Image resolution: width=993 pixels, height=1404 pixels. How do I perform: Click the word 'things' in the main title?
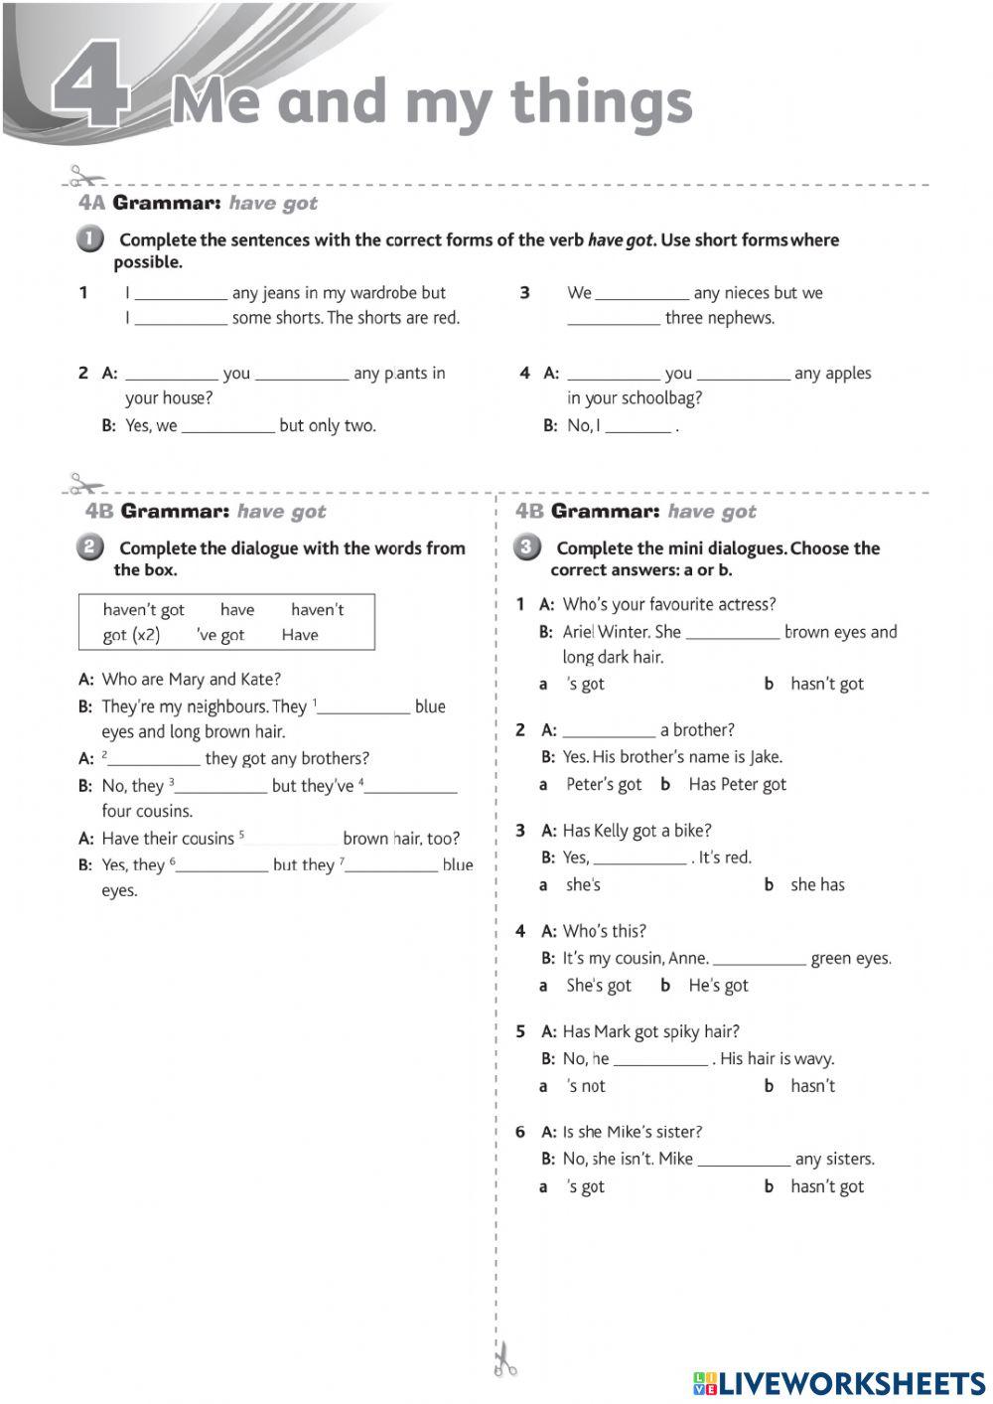(x=601, y=102)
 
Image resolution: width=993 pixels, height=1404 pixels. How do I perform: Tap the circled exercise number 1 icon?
(x=88, y=239)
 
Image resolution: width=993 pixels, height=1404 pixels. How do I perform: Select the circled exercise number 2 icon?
(x=88, y=547)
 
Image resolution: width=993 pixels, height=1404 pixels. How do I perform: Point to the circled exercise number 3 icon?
(x=526, y=547)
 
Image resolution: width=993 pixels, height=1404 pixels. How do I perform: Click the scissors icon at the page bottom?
(x=504, y=1358)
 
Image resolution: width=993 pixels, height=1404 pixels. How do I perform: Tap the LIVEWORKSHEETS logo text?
(x=850, y=1383)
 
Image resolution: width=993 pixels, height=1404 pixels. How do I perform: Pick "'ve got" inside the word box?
(x=220, y=635)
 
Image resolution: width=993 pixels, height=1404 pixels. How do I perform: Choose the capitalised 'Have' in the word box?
(x=299, y=635)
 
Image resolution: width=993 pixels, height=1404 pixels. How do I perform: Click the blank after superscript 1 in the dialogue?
(x=363, y=707)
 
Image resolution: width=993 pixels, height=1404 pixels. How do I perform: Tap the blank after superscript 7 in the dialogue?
(x=391, y=865)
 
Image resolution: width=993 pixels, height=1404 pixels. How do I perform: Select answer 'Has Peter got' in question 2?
(x=737, y=785)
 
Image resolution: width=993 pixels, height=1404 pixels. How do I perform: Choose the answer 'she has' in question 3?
(x=817, y=885)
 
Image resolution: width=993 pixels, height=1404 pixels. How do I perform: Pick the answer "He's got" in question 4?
(x=718, y=986)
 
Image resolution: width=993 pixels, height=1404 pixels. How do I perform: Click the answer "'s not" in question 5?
(x=586, y=1087)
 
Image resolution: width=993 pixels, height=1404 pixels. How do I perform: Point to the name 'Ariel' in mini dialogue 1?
(x=578, y=632)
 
